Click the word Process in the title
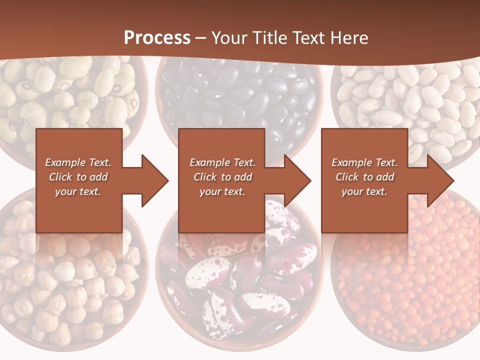pyautogui.click(x=157, y=38)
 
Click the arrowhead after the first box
pyautogui.click(x=154, y=180)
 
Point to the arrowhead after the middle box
pyautogui.click(x=297, y=180)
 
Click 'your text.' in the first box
pyautogui.click(x=78, y=191)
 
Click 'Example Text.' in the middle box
pyautogui.click(x=222, y=162)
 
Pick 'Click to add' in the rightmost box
pyautogui.click(x=364, y=177)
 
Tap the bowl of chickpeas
pyautogui.click(x=65, y=280)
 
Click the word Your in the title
pyautogui.click(x=229, y=38)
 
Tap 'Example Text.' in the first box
pyautogui.click(x=78, y=162)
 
